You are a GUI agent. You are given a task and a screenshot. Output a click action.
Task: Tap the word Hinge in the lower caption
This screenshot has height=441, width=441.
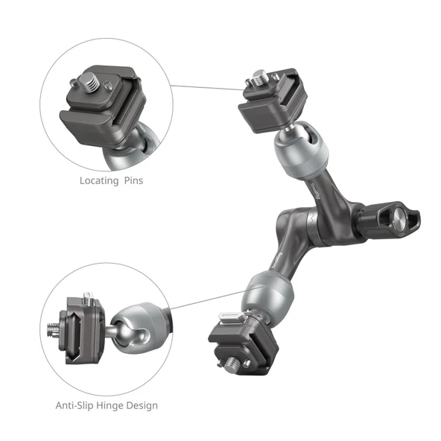115,406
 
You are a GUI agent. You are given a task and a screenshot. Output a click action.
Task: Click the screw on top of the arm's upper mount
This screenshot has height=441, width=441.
259,76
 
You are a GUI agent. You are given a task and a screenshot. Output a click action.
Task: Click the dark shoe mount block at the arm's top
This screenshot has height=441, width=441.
265,103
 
